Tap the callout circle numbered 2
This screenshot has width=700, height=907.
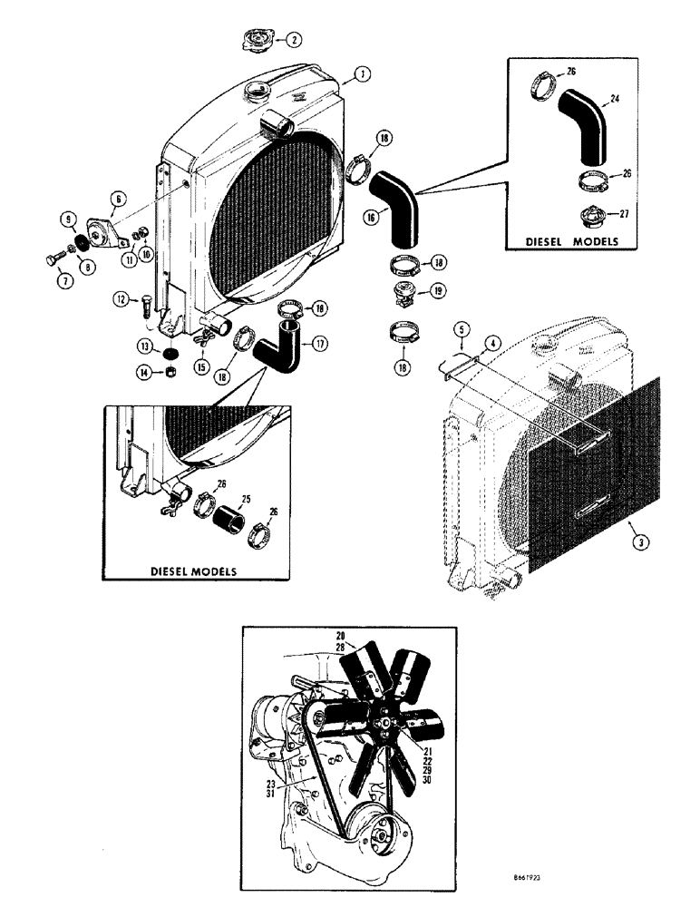[x=295, y=39]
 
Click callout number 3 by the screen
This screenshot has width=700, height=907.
[x=639, y=541]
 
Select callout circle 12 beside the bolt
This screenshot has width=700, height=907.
[x=121, y=298]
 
